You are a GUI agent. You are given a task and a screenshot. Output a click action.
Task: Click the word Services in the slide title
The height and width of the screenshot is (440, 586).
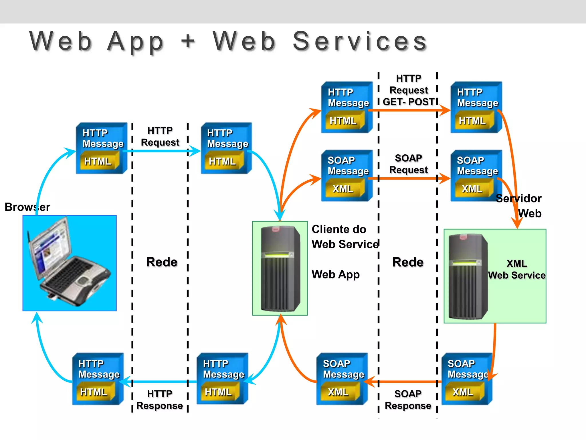point(360,42)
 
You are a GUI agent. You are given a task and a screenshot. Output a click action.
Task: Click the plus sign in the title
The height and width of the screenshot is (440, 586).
point(188,41)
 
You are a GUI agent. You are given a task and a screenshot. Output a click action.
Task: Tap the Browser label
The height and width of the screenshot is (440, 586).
point(27,207)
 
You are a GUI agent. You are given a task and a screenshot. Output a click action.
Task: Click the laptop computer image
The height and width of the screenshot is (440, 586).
point(70,263)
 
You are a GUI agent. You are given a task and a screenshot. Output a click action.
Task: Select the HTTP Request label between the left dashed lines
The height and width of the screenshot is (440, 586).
point(160,136)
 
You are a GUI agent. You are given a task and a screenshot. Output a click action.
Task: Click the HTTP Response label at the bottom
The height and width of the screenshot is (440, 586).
point(160,400)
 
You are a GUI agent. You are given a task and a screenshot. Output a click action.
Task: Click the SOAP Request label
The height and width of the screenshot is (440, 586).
point(408,164)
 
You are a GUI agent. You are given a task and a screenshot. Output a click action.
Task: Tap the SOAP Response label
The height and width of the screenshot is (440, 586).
point(408,400)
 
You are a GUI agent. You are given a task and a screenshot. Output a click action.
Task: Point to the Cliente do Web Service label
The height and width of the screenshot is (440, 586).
point(345,237)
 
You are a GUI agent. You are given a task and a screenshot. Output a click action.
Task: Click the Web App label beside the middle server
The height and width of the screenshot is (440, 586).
point(335,274)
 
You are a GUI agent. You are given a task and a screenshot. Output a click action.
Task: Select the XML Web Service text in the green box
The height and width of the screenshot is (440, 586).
point(516,269)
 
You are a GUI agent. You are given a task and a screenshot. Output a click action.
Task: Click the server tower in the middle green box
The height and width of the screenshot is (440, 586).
point(280,268)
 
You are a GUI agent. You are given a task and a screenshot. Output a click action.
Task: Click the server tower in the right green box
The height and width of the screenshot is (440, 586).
point(468,276)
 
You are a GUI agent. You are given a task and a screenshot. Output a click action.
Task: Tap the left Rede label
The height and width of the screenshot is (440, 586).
point(162,262)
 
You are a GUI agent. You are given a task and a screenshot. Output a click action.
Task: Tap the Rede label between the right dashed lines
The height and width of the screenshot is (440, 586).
point(408,262)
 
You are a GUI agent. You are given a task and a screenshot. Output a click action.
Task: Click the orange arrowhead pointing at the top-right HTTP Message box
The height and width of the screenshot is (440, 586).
point(445,110)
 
